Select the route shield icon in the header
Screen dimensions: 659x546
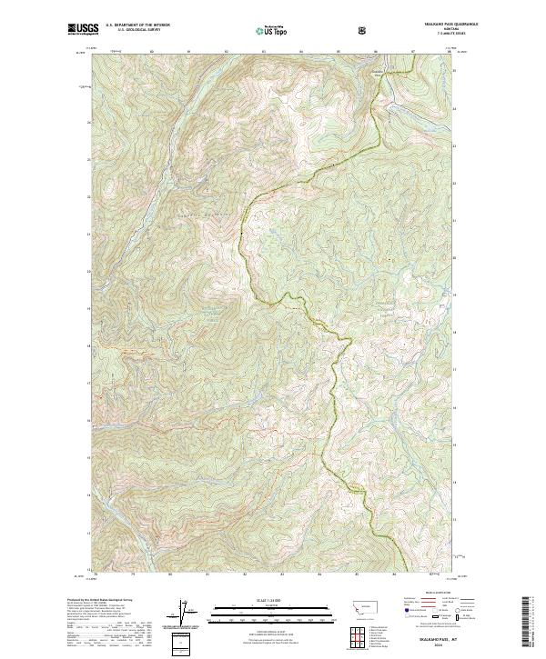pos(364,30)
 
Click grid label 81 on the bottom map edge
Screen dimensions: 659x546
pos(207,574)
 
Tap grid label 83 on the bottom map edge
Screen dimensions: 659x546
pos(282,574)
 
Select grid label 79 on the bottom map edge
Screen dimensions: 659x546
pos(133,574)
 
